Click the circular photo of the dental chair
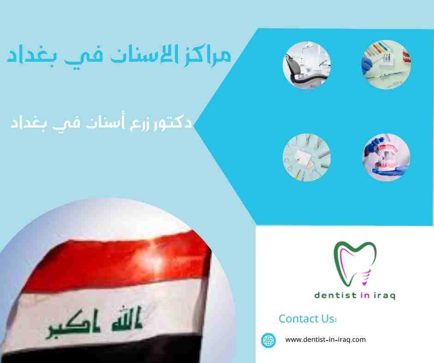pyautogui.click(x=307, y=65)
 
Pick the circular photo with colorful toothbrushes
pyautogui.click(x=386, y=64)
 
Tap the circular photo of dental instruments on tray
pyautogui.click(x=307, y=158)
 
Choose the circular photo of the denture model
pyautogui.click(x=386, y=158)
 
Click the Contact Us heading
pyautogui.click(x=307, y=319)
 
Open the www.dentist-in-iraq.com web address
pyautogui.click(x=325, y=340)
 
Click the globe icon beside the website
pyautogui.click(x=269, y=340)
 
